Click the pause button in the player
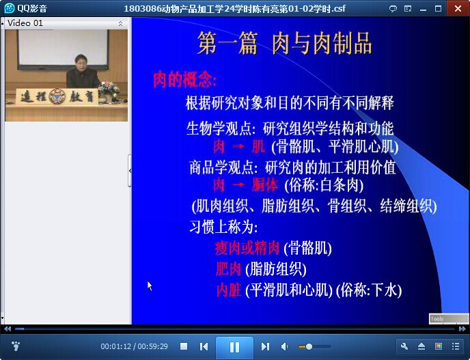[x=234, y=347]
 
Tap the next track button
[x=265, y=347]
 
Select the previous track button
[x=204, y=347]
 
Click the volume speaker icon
[x=284, y=347]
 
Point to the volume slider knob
[x=309, y=347]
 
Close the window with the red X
[x=458, y=8]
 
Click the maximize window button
[x=438, y=8]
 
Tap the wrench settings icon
[x=404, y=346]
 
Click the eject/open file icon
[x=421, y=346]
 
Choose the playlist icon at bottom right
[x=456, y=346]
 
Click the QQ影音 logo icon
[x=10, y=8]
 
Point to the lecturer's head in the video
[x=81, y=61]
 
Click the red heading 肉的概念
[x=184, y=80]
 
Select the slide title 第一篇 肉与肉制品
[x=284, y=44]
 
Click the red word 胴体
[x=264, y=185]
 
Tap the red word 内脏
[x=229, y=290]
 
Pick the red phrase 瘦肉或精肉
[x=247, y=248]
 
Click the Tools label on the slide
[x=437, y=319]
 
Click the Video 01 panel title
[x=25, y=23]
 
